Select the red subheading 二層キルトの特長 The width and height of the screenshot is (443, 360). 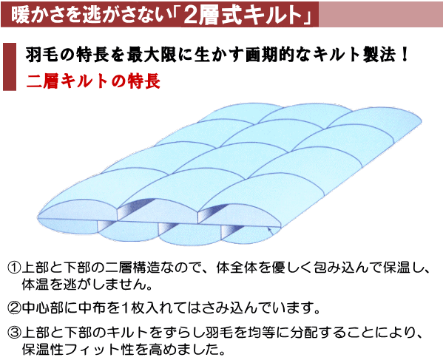93,78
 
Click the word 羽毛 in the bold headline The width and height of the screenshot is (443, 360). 38,55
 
